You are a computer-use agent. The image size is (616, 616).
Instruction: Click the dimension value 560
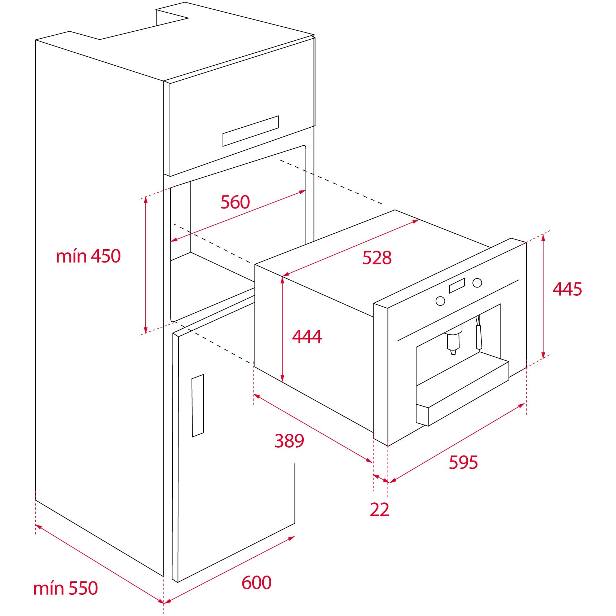pos(235,202)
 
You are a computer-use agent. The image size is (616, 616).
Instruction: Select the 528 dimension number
pos(377,258)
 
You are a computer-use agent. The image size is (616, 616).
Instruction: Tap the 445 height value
pos(567,289)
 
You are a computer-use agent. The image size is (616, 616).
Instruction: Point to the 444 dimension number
pos(307,336)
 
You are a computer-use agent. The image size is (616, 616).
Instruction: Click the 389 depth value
pos(289,441)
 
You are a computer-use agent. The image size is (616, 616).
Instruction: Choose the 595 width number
pos(463,462)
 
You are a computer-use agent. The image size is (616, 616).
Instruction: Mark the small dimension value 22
pos(379,510)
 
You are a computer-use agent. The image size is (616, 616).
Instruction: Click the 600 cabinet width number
pos(256,562)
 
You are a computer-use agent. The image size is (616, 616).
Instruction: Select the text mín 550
pos(66,588)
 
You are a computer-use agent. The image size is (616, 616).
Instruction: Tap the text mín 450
pos(88,256)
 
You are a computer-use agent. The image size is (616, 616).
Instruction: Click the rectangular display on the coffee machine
pos(457,286)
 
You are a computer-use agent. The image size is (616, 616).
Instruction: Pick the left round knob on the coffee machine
pos(440,301)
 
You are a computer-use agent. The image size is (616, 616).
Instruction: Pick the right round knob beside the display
pos(477,283)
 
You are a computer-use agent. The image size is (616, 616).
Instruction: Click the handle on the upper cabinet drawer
pos(251,131)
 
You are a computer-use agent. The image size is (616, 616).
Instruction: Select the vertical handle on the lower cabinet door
pos(198,406)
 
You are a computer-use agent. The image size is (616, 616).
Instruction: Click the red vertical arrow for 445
pos(544,296)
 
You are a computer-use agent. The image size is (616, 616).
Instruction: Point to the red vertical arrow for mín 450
pos(146,265)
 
